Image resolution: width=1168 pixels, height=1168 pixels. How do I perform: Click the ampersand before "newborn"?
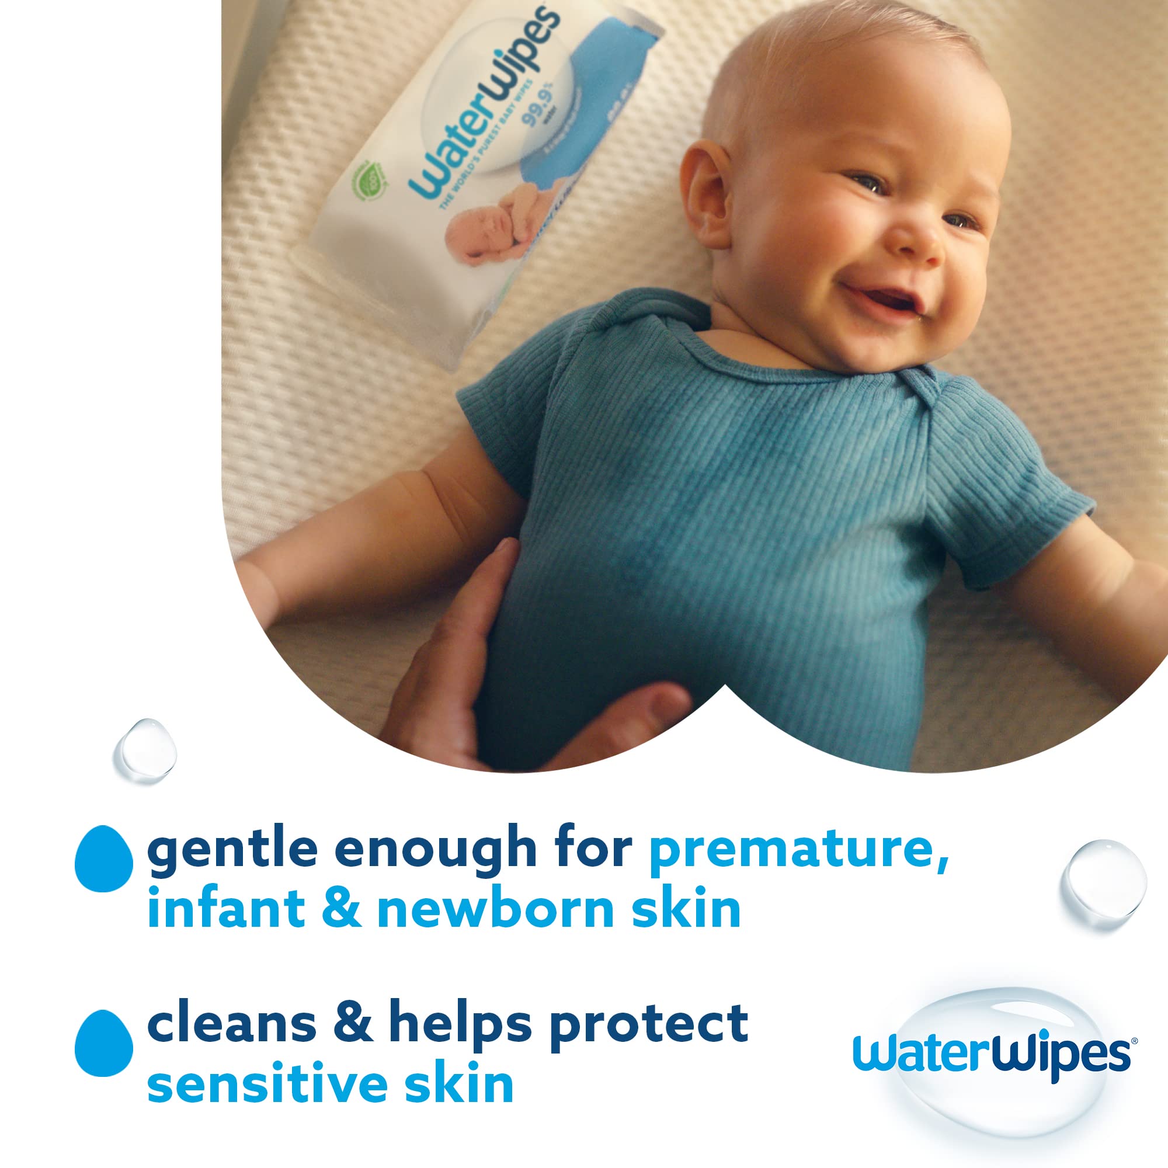[x=341, y=910]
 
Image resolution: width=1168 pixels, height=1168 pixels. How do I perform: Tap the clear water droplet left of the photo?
[x=145, y=751]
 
